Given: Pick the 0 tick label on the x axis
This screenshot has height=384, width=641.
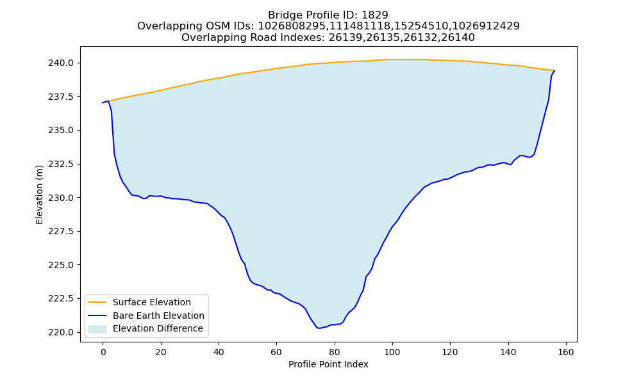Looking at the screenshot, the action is coord(103,352).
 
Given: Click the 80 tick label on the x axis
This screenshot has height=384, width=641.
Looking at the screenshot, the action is coord(335,352).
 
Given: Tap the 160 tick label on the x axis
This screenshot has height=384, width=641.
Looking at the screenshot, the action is coord(566,352).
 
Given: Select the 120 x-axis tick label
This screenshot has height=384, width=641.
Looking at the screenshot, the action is coord(450,352).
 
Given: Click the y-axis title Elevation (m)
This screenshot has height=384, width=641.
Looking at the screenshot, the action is coord(39,195).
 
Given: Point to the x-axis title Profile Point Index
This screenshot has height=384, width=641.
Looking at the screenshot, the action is coord(328,364).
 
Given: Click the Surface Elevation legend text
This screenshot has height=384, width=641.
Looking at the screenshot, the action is coord(152,302).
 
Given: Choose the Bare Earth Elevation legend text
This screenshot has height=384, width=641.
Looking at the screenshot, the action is coord(158,316).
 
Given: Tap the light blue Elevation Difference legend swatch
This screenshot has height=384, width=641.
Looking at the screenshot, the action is coord(97,329).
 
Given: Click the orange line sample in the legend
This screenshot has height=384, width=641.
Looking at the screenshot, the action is coord(97,302).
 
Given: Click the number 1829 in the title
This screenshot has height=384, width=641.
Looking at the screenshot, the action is coord(375,15).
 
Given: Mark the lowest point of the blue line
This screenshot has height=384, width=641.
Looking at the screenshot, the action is coord(319,328).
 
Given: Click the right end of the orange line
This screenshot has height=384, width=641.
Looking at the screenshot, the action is coord(554,70).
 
